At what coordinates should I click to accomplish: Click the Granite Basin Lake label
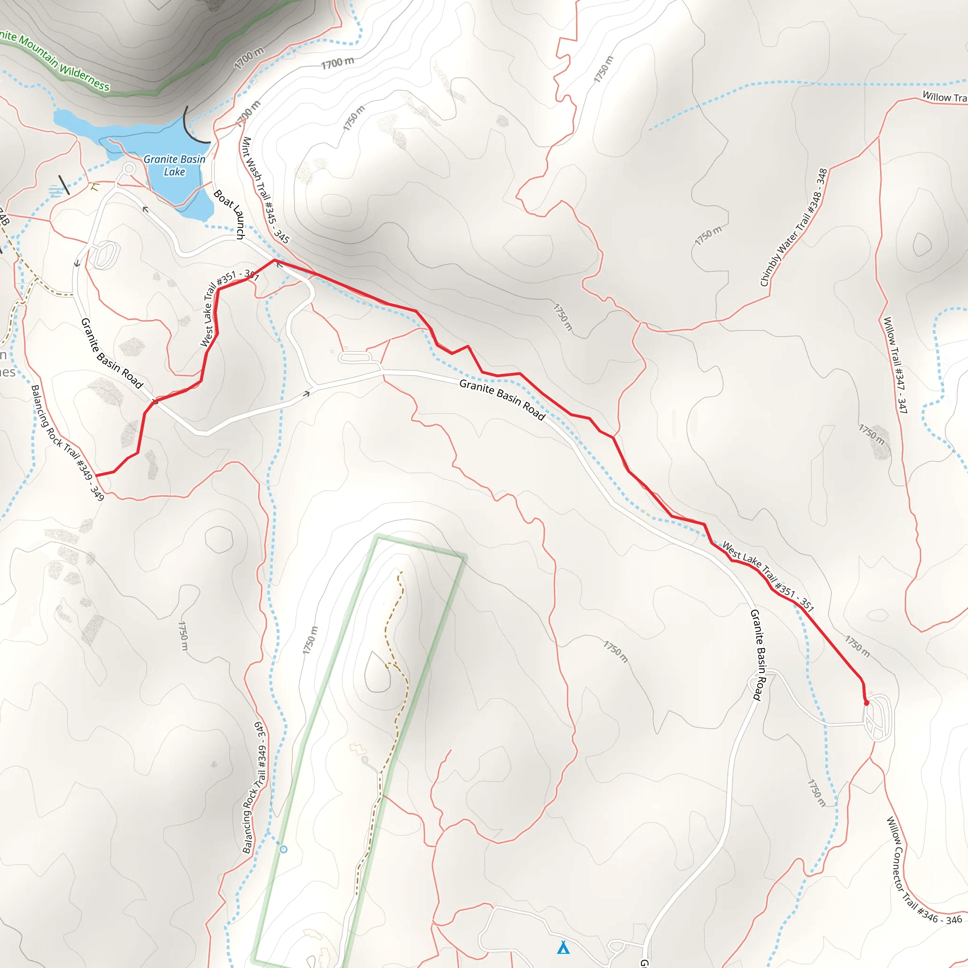click(x=174, y=165)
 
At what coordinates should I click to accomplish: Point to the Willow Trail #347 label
click(x=895, y=365)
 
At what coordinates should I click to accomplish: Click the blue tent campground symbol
click(x=563, y=948)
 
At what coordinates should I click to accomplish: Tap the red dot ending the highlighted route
click(x=867, y=703)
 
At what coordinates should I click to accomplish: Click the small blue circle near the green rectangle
click(x=284, y=849)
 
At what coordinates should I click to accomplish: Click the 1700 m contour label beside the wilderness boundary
click(x=249, y=58)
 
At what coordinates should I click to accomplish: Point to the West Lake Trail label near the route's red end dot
click(x=768, y=576)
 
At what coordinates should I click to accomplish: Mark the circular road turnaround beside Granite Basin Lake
click(x=129, y=169)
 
